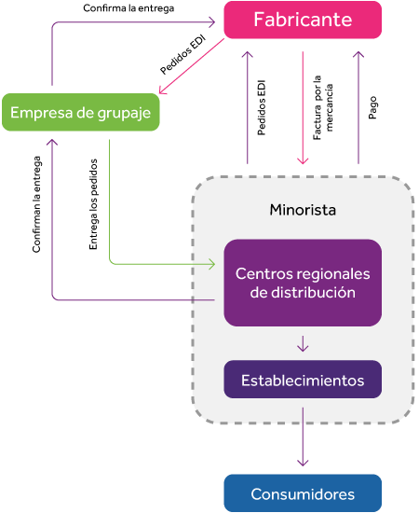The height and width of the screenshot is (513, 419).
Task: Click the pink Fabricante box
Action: (x=303, y=20)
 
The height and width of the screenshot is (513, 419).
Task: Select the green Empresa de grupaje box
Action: (x=81, y=112)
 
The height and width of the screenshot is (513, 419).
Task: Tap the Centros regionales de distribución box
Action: (x=303, y=283)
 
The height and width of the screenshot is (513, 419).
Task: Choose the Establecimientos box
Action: (x=303, y=380)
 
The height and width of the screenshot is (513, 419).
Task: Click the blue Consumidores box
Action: (x=303, y=493)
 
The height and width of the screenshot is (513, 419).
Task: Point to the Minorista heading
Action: (x=303, y=210)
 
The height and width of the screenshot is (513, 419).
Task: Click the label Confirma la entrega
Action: (x=128, y=8)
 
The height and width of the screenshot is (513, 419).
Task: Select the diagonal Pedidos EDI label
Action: (x=182, y=55)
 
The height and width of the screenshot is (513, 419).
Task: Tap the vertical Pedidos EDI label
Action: (x=262, y=107)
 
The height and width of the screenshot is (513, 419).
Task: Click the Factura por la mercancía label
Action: (x=323, y=108)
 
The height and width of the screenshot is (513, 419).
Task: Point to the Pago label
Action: (x=372, y=107)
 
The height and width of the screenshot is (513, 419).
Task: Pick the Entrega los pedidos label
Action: (x=93, y=204)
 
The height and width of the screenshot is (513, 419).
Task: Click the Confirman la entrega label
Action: (x=36, y=204)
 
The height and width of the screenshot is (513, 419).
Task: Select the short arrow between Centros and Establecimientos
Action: (x=303, y=343)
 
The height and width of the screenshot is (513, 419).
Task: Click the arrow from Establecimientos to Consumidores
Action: (x=303, y=437)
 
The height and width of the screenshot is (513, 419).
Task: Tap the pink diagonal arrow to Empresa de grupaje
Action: (x=192, y=66)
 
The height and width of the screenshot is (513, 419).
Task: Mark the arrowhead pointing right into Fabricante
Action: (x=212, y=22)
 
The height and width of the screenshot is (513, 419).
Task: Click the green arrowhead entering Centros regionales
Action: (x=212, y=264)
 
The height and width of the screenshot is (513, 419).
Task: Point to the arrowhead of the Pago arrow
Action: (x=358, y=54)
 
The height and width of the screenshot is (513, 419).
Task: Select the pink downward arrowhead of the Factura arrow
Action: (x=303, y=161)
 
